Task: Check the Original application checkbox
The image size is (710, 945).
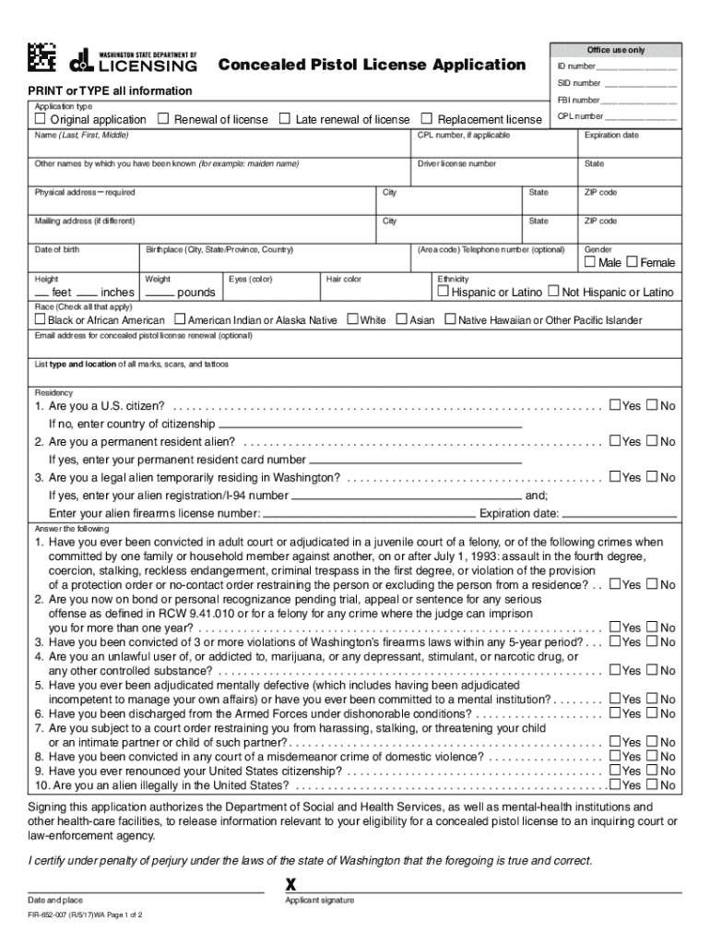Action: coord(40,119)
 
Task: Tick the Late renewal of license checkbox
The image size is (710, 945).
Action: coord(285,119)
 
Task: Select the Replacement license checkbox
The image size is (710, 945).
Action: coord(427,119)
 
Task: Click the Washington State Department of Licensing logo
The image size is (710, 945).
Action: coord(134,61)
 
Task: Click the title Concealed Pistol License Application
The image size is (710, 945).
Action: coord(372,65)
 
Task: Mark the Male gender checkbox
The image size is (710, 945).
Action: coord(590,262)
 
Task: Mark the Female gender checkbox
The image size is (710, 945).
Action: coord(632,262)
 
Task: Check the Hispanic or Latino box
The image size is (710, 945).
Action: coord(443,292)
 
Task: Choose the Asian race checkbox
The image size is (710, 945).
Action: coord(401,319)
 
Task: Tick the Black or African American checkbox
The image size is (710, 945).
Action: coord(40,319)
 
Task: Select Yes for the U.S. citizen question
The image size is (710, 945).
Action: coord(615,406)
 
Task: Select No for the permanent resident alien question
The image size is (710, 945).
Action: coord(652,442)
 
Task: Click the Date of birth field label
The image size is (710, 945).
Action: coord(57,250)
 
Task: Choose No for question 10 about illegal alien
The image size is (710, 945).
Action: coord(652,785)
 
